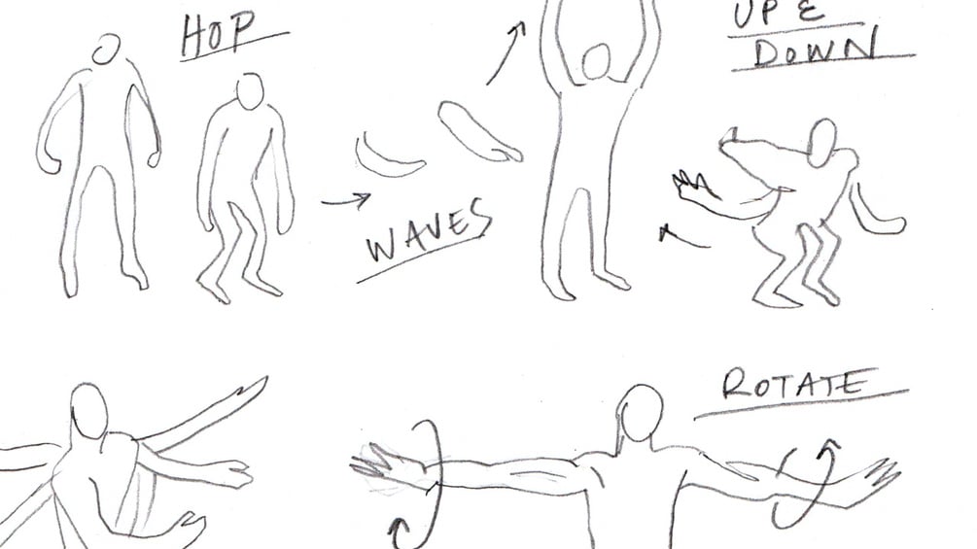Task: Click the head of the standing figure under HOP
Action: pyautogui.click(x=107, y=50)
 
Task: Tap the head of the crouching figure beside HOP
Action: pyautogui.click(x=251, y=91)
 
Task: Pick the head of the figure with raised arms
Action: pyautogui.click(x=597, y=61)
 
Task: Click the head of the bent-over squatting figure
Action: pyautogui.click(x=821, y=143)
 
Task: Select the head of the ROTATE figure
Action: pyautogui.click(x=642, y=413)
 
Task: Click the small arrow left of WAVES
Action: pyautogui.click(x=346, y=200)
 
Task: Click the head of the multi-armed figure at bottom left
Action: pyautogui.click(x=89, y=411)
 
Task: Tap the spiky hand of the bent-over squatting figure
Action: pyautogui.click(x=693, y=186)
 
